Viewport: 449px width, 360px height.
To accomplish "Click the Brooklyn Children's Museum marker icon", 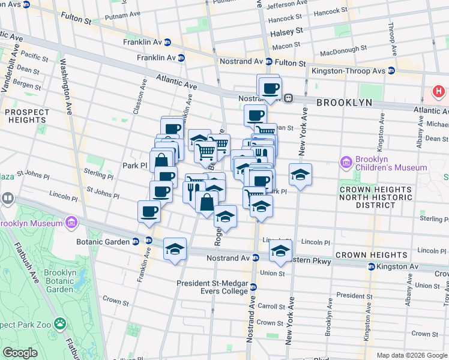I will pyautogui.click(x=346, y=162).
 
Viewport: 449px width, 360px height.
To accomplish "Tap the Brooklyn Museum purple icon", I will pyautogui.click(x=71, y=223).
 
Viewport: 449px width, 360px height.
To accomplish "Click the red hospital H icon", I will pyautogui.click(x=439, y=92).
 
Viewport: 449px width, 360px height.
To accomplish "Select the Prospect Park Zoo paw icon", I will pyautogui.click(x=60, y=324).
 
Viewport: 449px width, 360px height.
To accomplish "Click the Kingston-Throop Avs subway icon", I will pyautogui.click(x=391, y=70).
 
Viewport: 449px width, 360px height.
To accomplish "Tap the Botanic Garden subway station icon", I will pyautogui.click(x=136, y=242).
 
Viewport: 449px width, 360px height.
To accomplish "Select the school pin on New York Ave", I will pyautogui.click(x=300, y=175).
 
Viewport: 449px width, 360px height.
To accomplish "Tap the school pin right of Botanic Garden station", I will pyautogui.click(x=175, y=249).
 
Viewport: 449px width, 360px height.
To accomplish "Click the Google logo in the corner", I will pyautogui.click(x=20, y=353).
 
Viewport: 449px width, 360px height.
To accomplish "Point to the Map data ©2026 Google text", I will pyautogui.click(x=411, y=355).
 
